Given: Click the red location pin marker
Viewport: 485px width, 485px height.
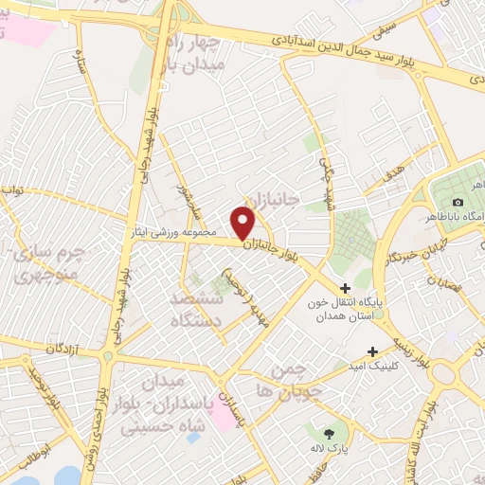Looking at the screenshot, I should click(244, 223).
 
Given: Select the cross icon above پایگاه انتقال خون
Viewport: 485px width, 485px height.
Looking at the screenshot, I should click(345, 287).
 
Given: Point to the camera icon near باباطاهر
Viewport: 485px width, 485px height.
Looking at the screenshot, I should click(458, 203).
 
